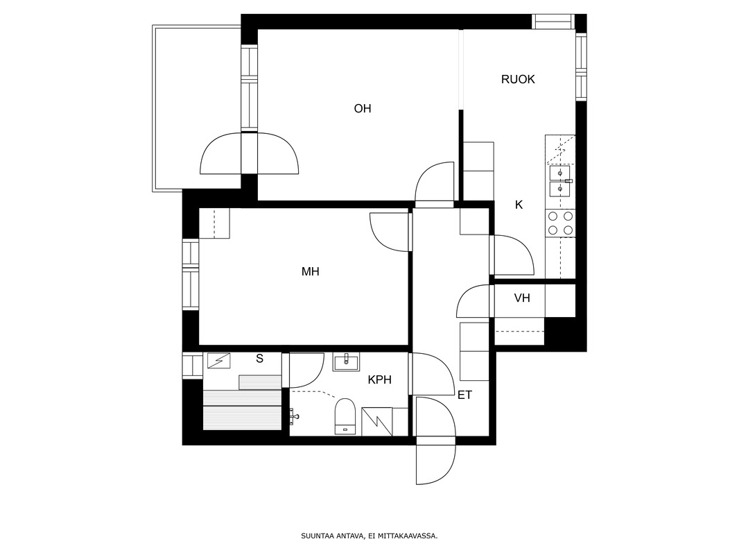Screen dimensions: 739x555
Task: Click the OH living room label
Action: click(363, 109)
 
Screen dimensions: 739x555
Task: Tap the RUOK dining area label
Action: click(518, 79)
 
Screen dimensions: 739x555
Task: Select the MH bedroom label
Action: click(311, 272)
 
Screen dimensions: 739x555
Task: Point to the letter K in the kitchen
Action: click(519, 205)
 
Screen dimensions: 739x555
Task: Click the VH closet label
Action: click(522, 298)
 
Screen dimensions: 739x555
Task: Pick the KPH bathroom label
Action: click(380, 379)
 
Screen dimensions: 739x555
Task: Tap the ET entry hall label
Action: click(464, 395)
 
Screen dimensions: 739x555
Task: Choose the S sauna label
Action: click(260, 359)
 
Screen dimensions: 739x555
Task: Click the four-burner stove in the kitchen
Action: click(561, 223)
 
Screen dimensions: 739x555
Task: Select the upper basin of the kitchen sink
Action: click(560, 173)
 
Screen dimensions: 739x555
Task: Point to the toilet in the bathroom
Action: click(345, 416)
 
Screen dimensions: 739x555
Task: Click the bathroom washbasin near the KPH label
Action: click(346, 362)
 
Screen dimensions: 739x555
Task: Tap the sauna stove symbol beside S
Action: click(219, 361)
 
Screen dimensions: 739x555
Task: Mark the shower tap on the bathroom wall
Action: click(294, 415)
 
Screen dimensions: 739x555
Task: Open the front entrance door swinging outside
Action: click(436, 464)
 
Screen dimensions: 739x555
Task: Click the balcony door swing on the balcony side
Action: click(220, 153)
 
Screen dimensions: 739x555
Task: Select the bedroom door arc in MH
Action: click(390, 232)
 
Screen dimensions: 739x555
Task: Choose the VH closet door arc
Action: click(473, 301)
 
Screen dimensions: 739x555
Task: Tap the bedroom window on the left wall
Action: click(191, 275)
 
